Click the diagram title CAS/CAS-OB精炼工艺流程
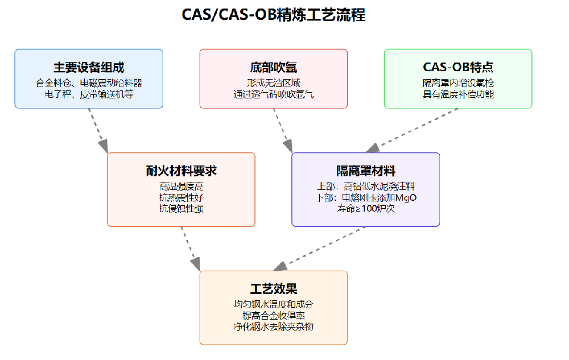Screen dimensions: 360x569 (x=273, y=14)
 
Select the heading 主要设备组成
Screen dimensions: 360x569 (x=89, y=67)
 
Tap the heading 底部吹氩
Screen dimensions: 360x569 (x=273, y=67)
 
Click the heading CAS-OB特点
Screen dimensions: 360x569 (x=458, y=67)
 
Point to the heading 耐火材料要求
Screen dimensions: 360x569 (x=181, y=171)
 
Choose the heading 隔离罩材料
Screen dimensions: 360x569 (x=365, y=171)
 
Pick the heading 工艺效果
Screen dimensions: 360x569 (x=273, y=289)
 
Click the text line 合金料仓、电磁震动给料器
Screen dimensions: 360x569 (x=89, y=83)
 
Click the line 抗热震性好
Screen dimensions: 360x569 (x=181, y=197)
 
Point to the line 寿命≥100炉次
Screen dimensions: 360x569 (x=365, y=209)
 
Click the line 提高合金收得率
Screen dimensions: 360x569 (x=273, y=316)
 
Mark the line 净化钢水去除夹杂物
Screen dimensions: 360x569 (x=273, y=327)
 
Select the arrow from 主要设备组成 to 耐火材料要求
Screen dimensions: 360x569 (x=98, y=130)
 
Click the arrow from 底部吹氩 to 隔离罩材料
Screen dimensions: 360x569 (x=282, y=130)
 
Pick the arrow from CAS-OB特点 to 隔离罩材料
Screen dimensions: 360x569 (x=413, y=130)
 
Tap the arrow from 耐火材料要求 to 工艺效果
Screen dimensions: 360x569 (x=190, y=249)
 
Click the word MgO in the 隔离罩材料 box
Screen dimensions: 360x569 (x=406, y=197)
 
